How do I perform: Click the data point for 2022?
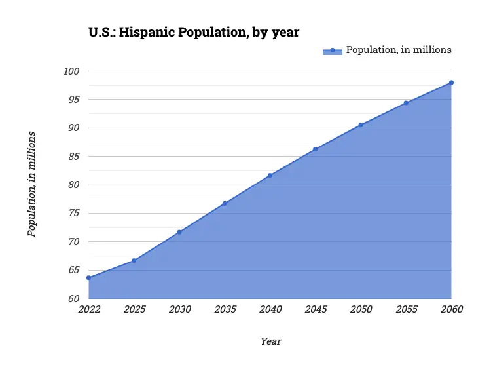[x=88, y=278]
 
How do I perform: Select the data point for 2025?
[x=134, y=261]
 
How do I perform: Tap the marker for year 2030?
[x=179, y=232]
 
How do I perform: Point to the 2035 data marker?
[x=225, y=203]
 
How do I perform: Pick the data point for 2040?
[x=270, y=175]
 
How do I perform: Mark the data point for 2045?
[x=315, y=149]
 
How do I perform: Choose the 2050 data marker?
[x=361, y=125]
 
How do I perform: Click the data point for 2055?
[x=406, y=103]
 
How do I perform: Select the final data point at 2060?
[x=451, y=83]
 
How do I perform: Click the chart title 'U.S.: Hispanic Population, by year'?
[x=194, y=31]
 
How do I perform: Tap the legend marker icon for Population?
[x=333, y=50]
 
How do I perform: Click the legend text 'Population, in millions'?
[x=399, y=50]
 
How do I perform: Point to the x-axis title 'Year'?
[x=270, y=341]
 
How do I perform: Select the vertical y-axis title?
[x=31, y=184]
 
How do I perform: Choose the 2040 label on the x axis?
[x=270, y=309]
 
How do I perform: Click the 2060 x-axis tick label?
[x=451, y=309]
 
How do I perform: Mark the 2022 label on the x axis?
[x=88, y=309]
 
